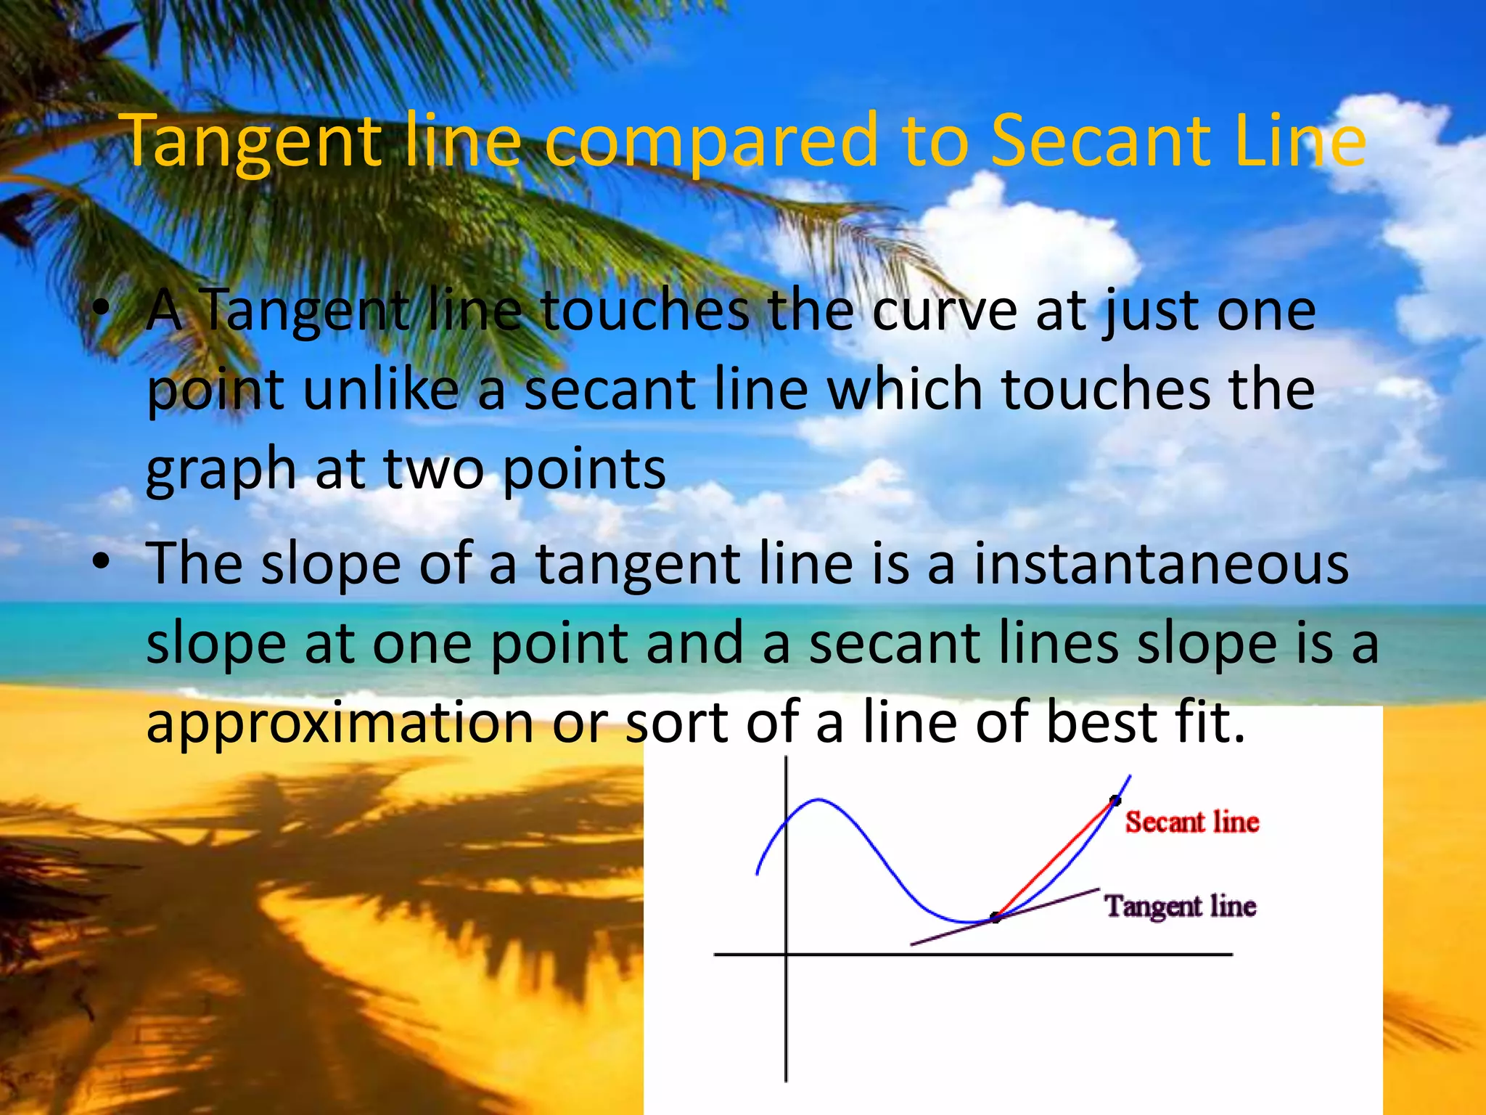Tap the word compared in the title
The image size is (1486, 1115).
712,142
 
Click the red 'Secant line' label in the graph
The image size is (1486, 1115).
1192,822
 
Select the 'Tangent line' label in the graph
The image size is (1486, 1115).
1180,907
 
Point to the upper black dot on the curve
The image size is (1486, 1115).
1115,801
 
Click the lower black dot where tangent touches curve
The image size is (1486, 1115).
996,918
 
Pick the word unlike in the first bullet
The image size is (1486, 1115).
381,389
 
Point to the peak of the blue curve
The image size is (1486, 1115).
818,800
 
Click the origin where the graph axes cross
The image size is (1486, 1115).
787,954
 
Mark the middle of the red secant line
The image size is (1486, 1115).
1056,859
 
